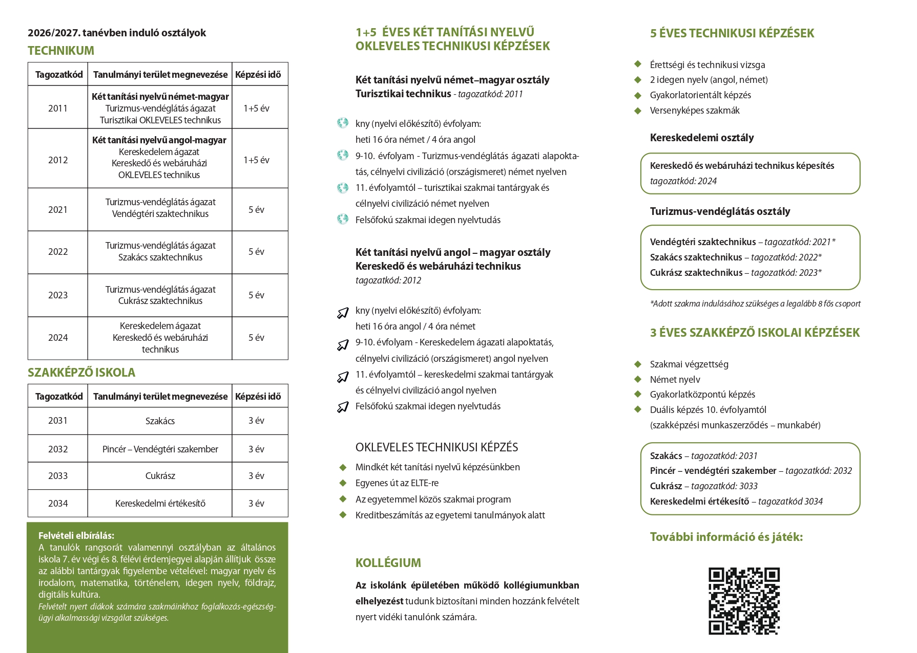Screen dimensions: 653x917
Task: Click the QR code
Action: (x=744, y=601)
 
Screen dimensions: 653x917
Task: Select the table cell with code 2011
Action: (x=58, y=108)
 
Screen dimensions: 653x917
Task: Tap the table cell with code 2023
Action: (x=58, y=295)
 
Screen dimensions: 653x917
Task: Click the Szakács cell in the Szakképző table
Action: (x=160, y=421)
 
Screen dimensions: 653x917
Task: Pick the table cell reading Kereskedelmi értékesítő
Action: (x=160, y=504)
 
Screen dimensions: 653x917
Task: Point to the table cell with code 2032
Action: (x=58, y=449)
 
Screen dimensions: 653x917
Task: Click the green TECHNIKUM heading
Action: (x=61, y=51)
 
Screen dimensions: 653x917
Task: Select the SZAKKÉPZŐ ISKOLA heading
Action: (x=81, y=373)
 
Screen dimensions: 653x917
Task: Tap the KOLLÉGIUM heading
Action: (x=388, y=563)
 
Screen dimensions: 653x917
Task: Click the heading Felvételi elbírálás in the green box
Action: (x=76, y=536)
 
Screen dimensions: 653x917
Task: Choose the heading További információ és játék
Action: (x=726, y=537)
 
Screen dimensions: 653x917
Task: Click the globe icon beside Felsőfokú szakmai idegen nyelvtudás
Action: (x=343, y=220)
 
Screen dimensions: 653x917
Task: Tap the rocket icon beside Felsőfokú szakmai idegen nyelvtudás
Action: (x=343, y=407)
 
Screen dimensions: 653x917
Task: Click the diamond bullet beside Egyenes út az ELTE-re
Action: (x=343, y=483)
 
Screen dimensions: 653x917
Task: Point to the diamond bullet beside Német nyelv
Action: (x=638, y=379)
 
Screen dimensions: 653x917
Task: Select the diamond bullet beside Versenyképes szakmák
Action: (x=638, y=111)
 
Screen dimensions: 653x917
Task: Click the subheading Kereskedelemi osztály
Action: (x=702, y=138)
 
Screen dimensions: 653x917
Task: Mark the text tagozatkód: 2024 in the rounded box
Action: (x=683, y=181)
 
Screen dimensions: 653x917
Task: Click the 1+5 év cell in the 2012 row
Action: (x=257, y=160)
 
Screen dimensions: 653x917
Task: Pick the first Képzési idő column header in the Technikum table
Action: (x=258, y=75)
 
